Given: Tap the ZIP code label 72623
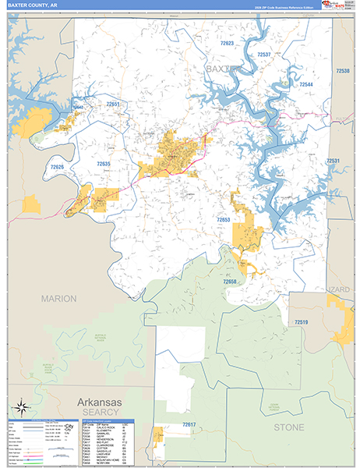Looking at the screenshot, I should pos(227,44).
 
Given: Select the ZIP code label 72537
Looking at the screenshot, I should pos(264,55).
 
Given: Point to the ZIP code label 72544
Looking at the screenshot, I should pos(305,84).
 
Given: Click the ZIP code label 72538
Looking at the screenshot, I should pos(343,71).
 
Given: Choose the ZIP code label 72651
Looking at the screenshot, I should pos(115,104).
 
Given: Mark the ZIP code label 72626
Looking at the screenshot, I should pos(58,167).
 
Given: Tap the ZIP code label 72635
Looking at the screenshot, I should pos(104,164).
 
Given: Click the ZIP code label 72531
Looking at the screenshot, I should pos(334,161).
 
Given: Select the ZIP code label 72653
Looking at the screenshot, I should pos(224,220).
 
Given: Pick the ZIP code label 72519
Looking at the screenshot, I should pos(302,321).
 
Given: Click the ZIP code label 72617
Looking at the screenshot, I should pos(189,424).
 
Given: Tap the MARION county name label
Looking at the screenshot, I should pos(59,299).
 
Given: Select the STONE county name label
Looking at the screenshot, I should pos(289,427).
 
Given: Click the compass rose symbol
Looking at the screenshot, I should pos(21,406).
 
